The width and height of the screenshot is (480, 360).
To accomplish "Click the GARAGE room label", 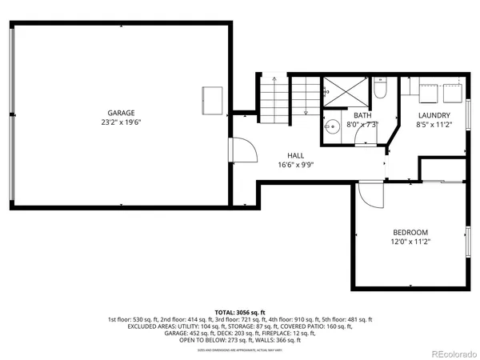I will pyautogui.click(x=121, y=113).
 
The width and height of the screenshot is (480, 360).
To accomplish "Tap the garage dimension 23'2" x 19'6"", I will pyautogui.click(x=121, y=122).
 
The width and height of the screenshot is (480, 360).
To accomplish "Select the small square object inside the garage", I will pyautogui.click(x=213, y=98).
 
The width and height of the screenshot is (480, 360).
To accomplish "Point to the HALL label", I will pyautogui.click(x=296, y=155).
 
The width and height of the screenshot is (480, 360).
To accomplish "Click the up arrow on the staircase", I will pyautogui.click(x=274, y=81).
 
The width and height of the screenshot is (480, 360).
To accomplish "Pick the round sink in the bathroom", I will pyautogui.click(x=330, y=127).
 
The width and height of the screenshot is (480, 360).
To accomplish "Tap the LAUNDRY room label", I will pyautogui.click(x=434, y=115).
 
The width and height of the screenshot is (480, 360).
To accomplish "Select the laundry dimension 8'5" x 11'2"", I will pyautogui.click(x=434, y=125).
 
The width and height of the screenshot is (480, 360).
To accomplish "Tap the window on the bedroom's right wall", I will pyautogui.click(x=468, y=242).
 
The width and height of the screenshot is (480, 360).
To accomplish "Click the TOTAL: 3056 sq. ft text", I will pyautogui.click(x=240, y=313).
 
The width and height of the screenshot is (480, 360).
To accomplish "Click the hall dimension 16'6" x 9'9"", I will pyautogui.click(x=296, y=165).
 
